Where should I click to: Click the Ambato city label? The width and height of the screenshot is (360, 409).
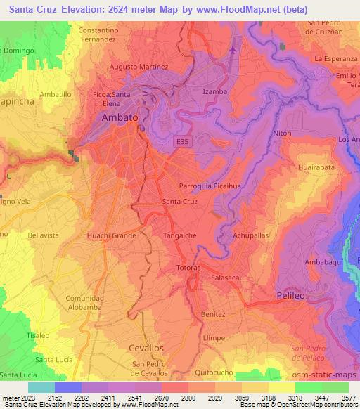point(120,118)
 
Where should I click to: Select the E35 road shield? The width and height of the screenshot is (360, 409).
point(182,141)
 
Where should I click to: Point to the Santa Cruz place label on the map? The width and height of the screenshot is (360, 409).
point(179,202)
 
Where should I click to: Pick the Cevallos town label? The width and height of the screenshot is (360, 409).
point(146,348)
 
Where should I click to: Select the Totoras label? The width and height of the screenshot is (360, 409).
point(188,268)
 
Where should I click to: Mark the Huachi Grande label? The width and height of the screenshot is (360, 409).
point(111,235)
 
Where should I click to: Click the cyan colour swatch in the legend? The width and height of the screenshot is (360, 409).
point(41,387)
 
